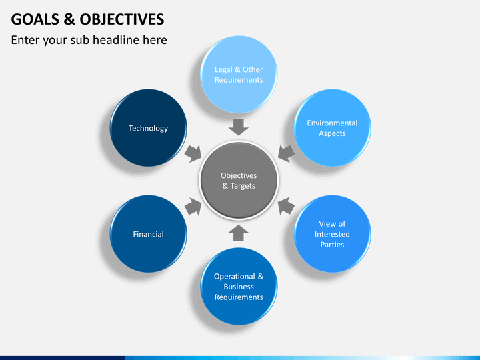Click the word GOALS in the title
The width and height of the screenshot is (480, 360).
coord(35,19)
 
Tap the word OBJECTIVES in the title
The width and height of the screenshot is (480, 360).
coord(122,19)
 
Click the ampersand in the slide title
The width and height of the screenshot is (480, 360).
coord(69,19)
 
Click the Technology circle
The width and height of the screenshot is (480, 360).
coord(148,128)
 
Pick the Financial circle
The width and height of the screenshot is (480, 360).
coord(148,234)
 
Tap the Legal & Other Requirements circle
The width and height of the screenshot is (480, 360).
coord(239,75)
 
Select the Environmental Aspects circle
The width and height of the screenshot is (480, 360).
coord(332,128)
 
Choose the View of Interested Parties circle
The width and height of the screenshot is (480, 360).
coord(332,234)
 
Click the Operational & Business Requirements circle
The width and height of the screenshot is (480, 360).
coord(239,287)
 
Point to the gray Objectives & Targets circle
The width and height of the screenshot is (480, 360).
coord(239,181)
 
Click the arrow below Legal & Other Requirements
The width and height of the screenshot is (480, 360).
coord(239,127)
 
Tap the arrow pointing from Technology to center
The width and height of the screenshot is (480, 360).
coord(193,154)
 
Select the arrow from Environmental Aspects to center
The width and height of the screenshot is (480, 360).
coord(286,154)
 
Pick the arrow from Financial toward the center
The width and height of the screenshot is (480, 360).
coord(193,206)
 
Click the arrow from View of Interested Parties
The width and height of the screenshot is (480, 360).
coord(286,206)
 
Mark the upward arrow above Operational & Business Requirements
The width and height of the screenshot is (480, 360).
coord(239,233)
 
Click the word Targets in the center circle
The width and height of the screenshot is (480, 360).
coord(243,186)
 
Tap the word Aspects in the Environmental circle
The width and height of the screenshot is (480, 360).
coord(332,133)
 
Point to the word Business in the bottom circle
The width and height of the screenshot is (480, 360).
coord(239,287)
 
